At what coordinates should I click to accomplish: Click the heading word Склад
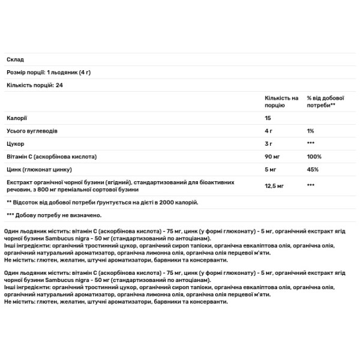pos(15,59)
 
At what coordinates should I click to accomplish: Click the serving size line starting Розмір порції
pos(53,72)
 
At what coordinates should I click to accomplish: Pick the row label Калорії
pos(17,117)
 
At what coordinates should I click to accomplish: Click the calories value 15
pos(268,117)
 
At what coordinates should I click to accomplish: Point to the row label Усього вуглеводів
pos(32,130)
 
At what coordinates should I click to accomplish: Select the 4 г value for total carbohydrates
pos(269,130)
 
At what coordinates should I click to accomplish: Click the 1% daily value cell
pos(311,130)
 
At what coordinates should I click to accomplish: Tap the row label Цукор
pos(15,143)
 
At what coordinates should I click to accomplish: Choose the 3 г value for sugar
pos(269,143)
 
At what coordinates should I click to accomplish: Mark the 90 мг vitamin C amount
pos(272,157)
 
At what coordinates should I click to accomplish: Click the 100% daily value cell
pos(314,157)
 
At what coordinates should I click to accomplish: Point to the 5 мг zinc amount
pos(271,170)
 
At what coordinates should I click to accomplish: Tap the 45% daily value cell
pos(313,170)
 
